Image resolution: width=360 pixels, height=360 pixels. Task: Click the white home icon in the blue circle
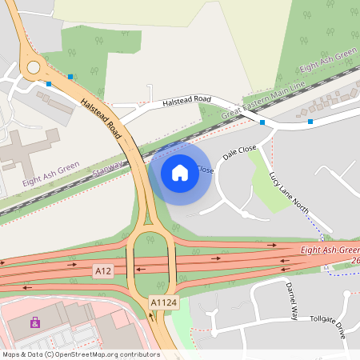tap(180, 172)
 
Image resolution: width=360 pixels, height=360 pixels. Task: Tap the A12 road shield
tap(102, 271)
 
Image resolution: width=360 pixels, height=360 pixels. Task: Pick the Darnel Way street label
tap(290, 302)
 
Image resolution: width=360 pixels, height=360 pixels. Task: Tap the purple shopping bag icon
tap(34, 322)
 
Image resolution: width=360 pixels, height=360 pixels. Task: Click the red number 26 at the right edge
tap(354, 261)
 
